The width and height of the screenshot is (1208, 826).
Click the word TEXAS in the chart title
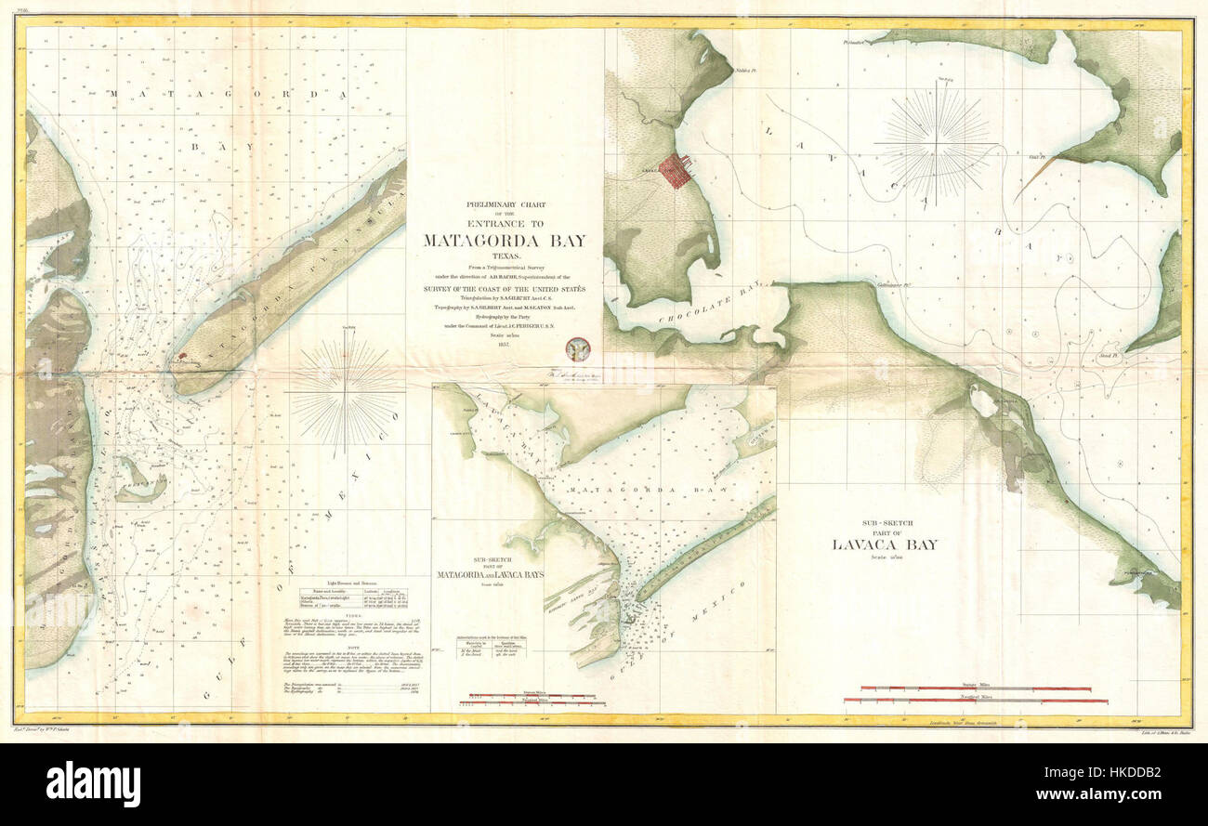tap(505, 255)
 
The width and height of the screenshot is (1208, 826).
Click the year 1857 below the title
tap(505, 344)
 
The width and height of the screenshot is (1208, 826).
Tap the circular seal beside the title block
tap(578, 348)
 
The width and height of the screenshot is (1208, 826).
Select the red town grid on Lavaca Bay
tap(676, 171)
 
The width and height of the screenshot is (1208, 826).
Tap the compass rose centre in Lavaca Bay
tap(937, 144)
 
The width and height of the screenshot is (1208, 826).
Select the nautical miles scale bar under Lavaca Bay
tap(976, 700)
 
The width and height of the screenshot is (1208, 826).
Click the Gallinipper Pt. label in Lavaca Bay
tap(895, 285)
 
